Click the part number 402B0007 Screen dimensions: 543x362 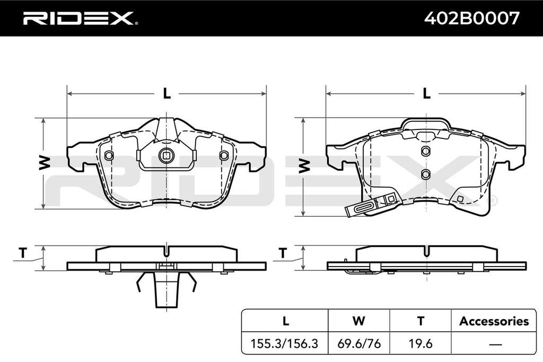click(472, 18)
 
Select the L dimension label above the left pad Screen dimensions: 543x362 click(167, 93)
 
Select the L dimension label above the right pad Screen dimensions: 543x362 click(427, 93)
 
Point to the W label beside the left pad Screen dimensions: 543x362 click(45, 163)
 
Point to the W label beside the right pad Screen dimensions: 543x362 click(304, 166)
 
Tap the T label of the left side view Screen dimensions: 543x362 click(23, 253)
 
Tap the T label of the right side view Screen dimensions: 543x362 click(283, 253)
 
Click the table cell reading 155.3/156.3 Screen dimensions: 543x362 click(284, 343)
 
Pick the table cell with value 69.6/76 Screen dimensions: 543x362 click(359, 343)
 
